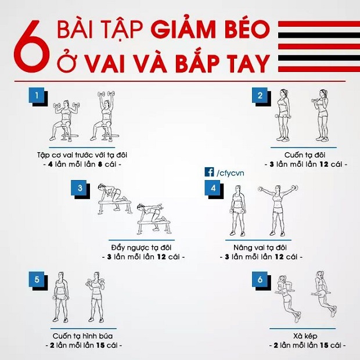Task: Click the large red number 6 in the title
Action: (x=32, y=46)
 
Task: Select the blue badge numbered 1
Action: (x=36, y=95)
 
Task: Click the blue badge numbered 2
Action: (x=260, y=95)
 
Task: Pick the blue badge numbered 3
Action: (x=79, y=188)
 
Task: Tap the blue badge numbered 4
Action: (x=213, y=188)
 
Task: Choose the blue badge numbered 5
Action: (x=36, y=279)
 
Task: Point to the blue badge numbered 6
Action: (x=260, y=279)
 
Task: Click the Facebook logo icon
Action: (x=209, y=172)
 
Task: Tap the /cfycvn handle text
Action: (x=230, y=173)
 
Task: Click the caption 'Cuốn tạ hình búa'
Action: (x=82, y=336)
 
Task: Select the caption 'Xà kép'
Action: (x=305, y=336)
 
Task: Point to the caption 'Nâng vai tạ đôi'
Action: (x=260, y=248)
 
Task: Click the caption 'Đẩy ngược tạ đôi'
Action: (x=141, y=248)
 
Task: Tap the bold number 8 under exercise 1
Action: (x=100, y=164)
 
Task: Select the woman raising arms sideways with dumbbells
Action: (x=278, y=210)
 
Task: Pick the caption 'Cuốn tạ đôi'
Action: (x=305, y=155)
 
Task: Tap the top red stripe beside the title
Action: (x=319, y=24)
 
